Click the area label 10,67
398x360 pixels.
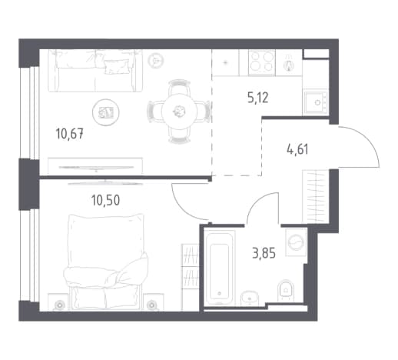click(69, 134)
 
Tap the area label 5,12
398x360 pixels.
click(258, 98)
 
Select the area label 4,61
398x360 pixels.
click(297, 149)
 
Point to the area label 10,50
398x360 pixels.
click(105, 200)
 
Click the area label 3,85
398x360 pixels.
click(264, 253)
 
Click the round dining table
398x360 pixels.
click(179, 111)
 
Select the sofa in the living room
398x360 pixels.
click(95, 71)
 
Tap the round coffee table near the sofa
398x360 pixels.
click(106, 112)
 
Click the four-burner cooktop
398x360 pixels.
click(261, 62)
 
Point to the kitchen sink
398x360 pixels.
click(315, 102)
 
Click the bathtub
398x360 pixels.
click(220, 268)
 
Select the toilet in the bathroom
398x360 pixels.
click(287, 290)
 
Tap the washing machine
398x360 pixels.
click(296, 242)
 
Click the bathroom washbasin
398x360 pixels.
click(250, 298)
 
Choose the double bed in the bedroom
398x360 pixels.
click(106, 262)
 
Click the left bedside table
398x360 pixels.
click(59, 302)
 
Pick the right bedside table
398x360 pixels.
click(154, 302)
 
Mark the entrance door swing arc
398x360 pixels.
click(367, 138)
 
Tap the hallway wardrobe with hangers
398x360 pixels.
click(315, 196)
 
